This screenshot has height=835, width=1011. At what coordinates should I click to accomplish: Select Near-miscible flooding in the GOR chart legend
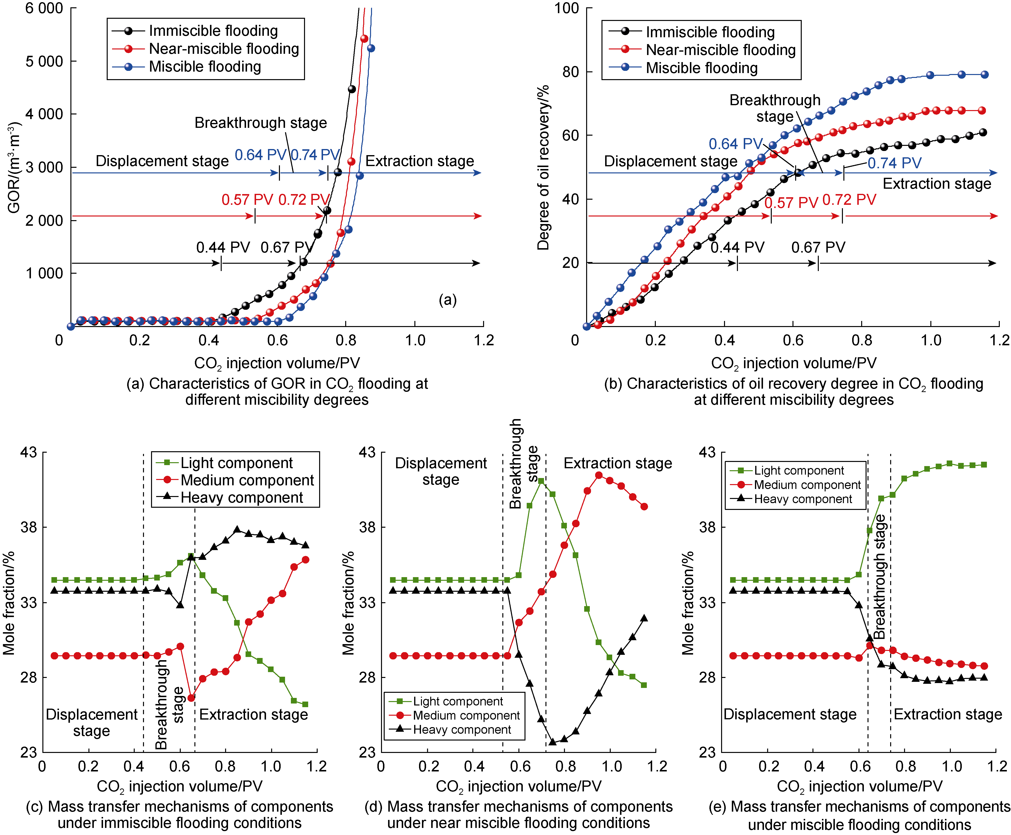[x=224, y=48]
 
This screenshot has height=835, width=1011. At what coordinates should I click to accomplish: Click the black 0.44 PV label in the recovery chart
[x=737, y=247]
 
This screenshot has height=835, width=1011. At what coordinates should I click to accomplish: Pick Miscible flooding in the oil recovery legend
[x=701, y=68]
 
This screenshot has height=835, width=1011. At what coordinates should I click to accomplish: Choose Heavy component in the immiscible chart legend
[x=242, y=497]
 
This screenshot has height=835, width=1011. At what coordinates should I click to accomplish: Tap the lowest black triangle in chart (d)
[x=553, y=742]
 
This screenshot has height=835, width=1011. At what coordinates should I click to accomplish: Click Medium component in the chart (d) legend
[x=466, y=715]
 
